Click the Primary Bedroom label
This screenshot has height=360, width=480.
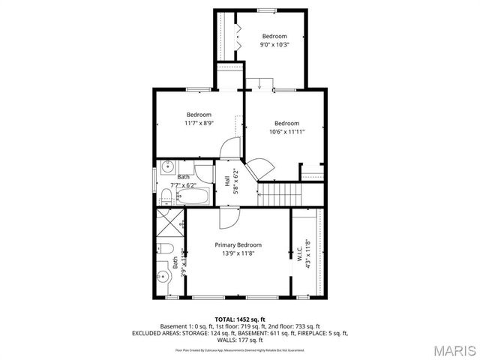(x=238, y=245)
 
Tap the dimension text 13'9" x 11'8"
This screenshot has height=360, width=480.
(x=238, y=253)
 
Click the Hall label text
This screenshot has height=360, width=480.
(x=227, y=181)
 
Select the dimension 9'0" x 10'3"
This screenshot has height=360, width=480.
(x=274, y=44)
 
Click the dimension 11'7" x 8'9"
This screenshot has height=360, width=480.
(x=199, y=123)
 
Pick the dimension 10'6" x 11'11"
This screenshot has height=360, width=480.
(x=286, y=131)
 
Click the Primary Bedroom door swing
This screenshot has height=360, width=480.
(x=228, y=217)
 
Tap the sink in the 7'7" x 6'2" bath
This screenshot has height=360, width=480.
(x=166, y=166)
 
